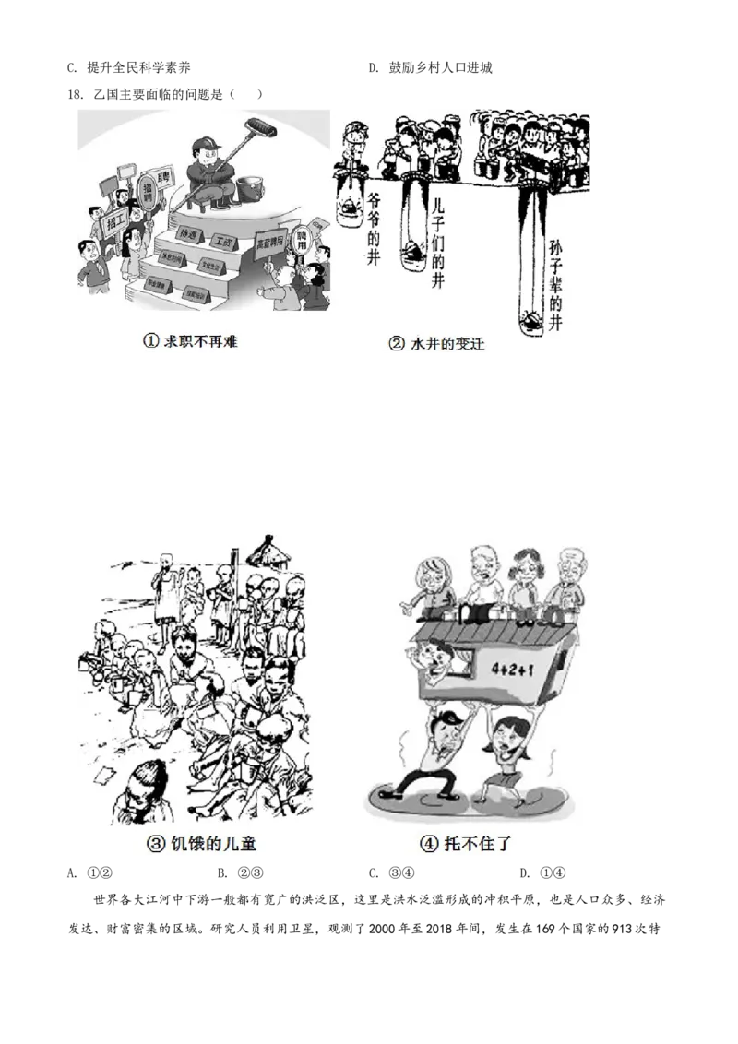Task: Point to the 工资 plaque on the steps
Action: click(222, 242)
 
